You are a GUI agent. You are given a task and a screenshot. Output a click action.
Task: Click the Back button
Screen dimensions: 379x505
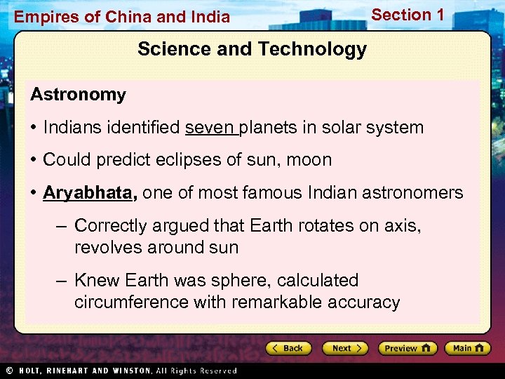289,348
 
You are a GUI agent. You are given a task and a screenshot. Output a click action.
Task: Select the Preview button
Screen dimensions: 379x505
408,348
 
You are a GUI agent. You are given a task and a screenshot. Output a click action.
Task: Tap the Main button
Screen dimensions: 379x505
466,348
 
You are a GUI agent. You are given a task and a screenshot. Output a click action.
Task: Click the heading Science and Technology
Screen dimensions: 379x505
252,49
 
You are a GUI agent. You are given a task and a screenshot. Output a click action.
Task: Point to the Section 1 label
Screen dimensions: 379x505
408,15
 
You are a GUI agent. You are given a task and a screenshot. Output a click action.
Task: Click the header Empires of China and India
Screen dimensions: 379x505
122,17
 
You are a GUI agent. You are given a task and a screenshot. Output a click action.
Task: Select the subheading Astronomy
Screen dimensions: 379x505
78,95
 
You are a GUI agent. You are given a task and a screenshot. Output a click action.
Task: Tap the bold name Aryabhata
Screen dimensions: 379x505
89,192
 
